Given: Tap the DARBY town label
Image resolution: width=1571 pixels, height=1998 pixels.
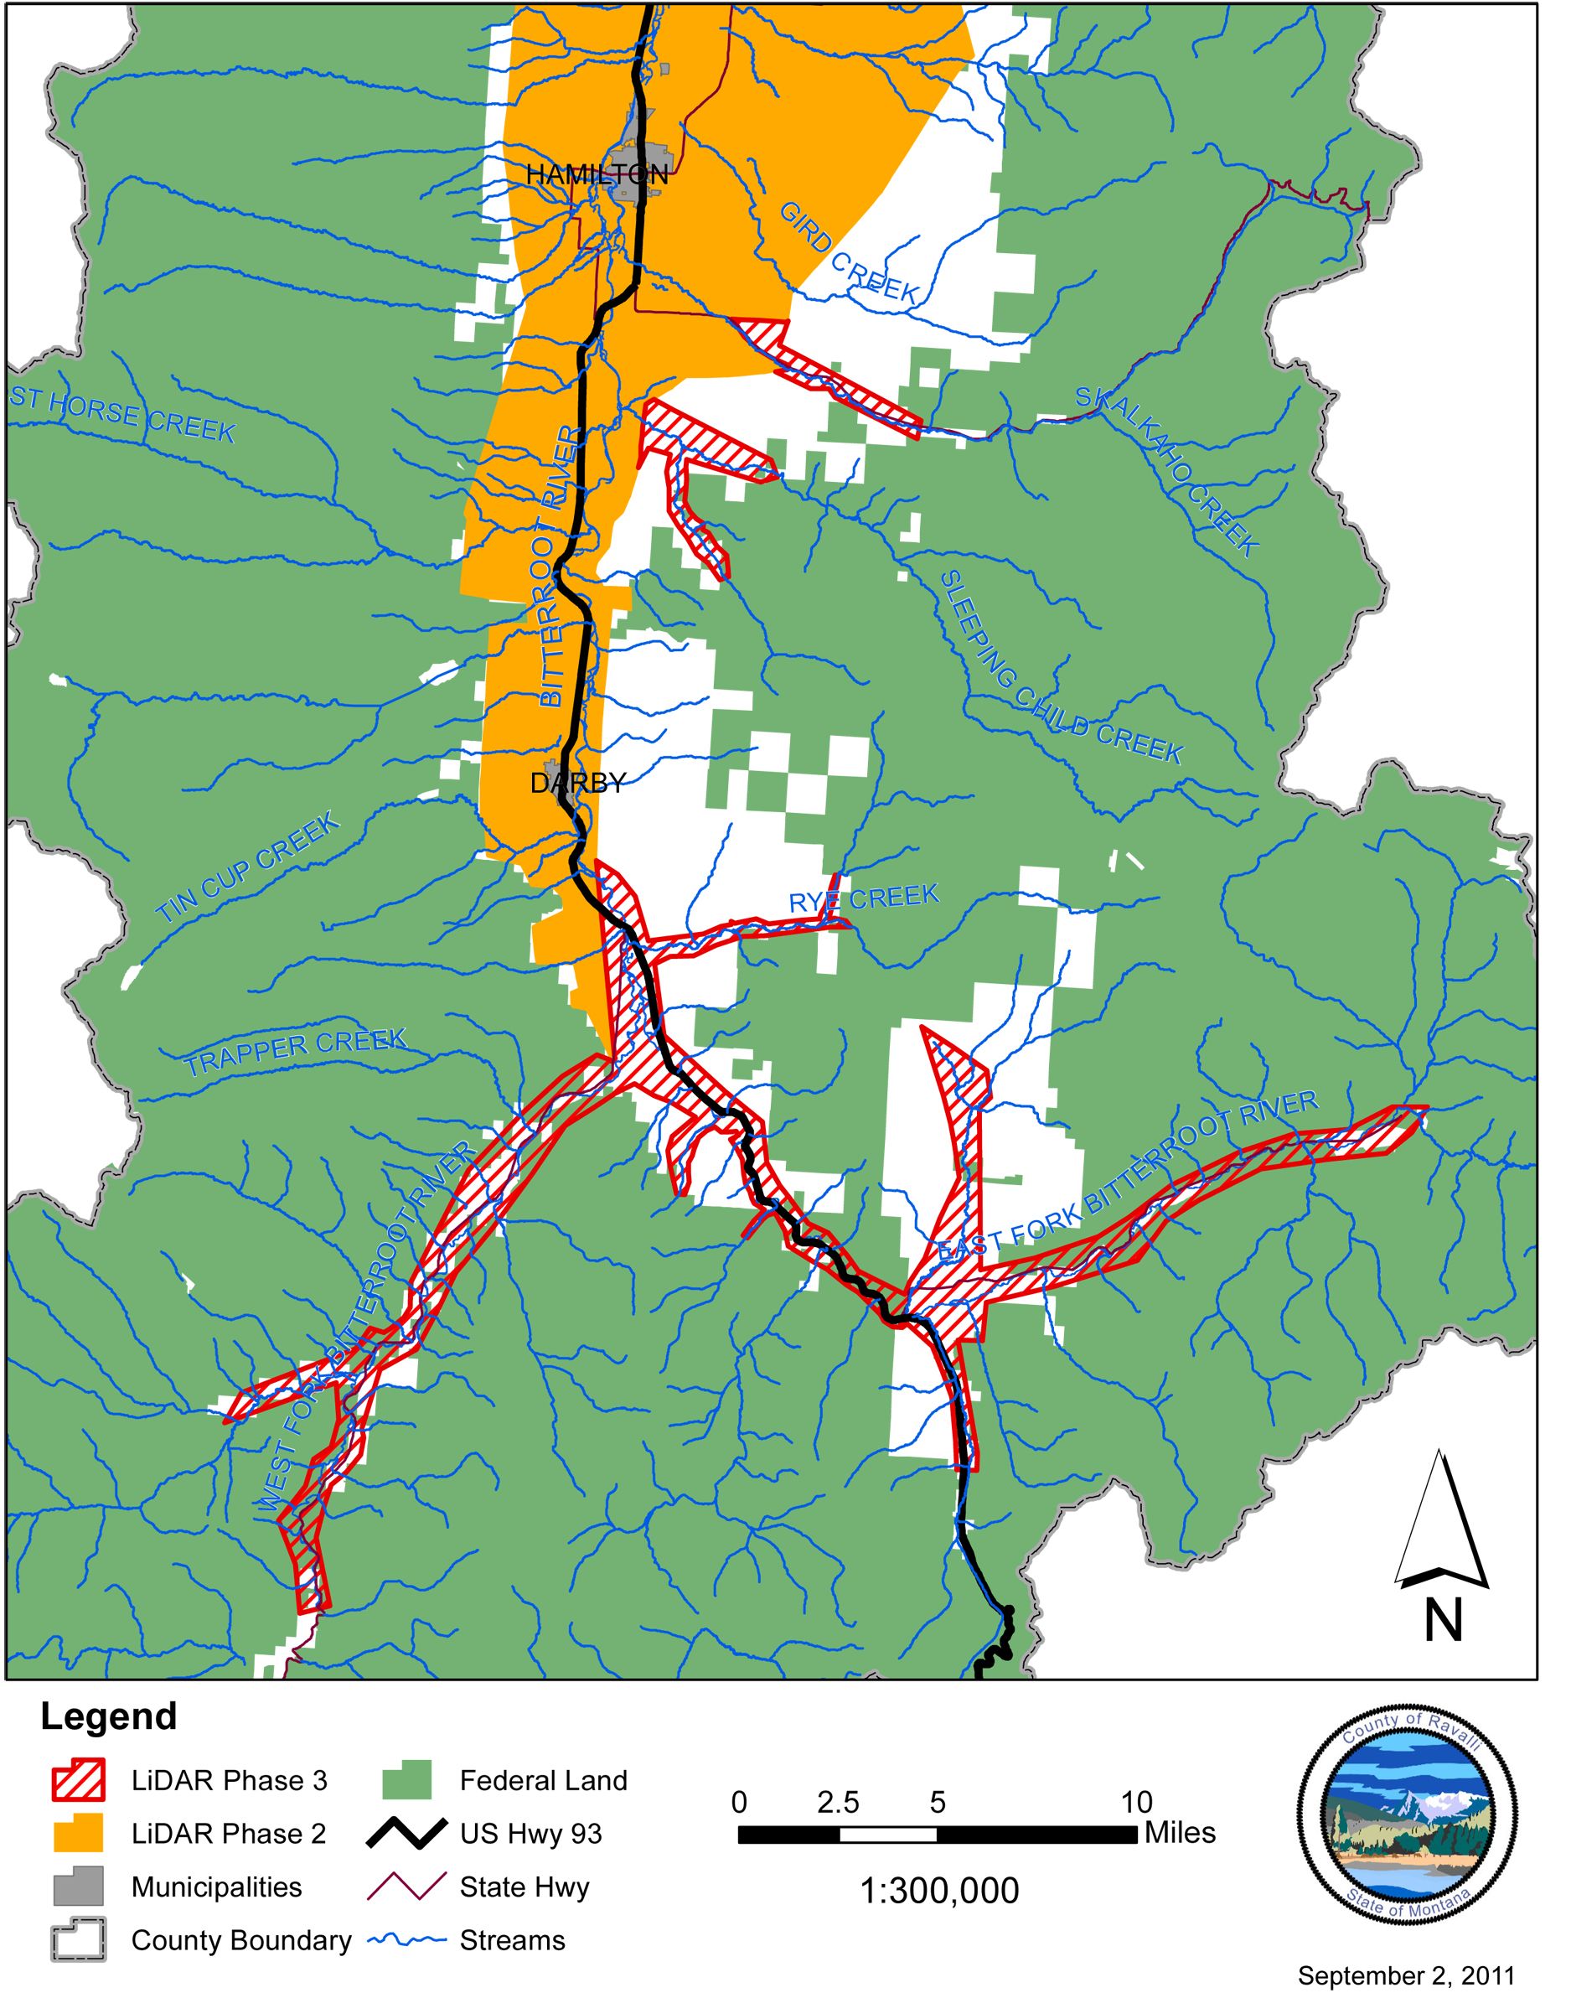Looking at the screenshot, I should [x=577, y=783].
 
